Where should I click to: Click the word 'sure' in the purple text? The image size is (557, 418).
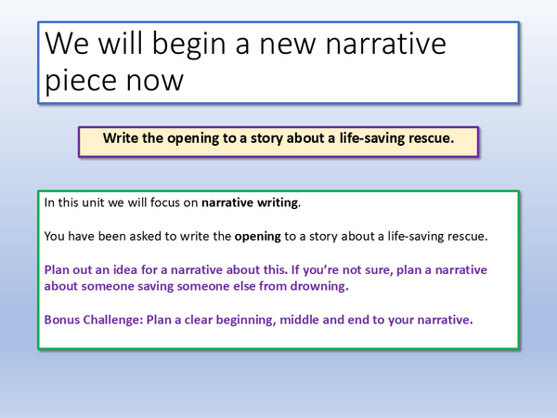point(392,270)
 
